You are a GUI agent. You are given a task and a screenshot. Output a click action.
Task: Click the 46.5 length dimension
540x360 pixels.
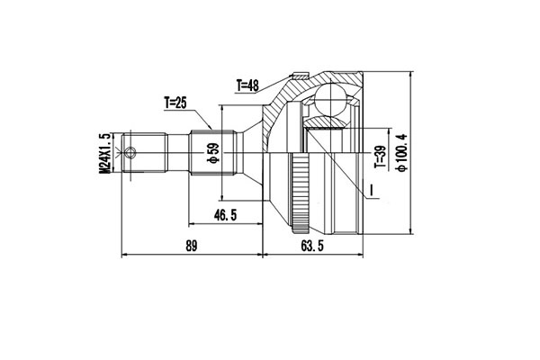pos(225,215)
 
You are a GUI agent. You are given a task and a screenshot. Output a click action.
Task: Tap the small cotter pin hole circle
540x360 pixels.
pos(131,153)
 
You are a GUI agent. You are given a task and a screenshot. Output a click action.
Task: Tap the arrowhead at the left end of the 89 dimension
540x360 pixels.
pos(123,254)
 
